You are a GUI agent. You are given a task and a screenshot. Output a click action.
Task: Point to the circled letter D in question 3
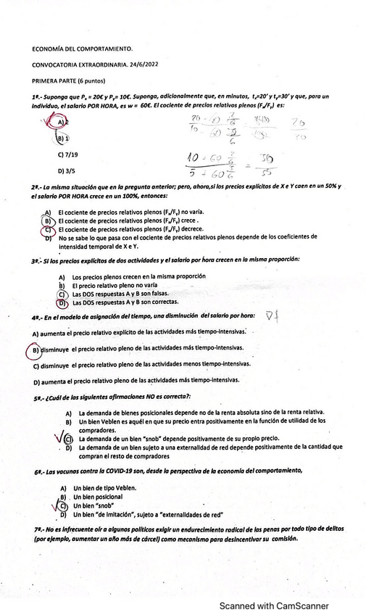62,303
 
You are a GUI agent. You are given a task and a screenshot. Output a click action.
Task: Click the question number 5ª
37,397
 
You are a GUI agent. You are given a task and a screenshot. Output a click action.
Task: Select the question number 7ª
37,530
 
